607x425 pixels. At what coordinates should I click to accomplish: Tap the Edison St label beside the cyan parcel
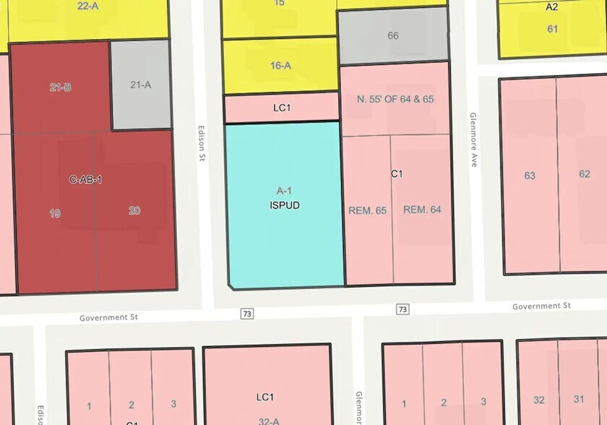(x=202, y=145)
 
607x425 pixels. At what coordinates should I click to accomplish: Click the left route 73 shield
(x=248, y=313)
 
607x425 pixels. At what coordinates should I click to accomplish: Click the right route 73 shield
(x=402, y=309)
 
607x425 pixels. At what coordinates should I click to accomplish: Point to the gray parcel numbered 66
(x=393, y=35)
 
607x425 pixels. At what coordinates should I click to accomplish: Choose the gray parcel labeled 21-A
(x=140, y=85)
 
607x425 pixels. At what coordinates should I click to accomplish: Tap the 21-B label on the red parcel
(x=61, y=87)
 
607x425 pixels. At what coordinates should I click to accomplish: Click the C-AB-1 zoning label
(x=85, y=179)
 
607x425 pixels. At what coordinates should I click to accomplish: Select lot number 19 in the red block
(x=55, y=212)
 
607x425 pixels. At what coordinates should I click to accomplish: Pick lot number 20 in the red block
(x=134, y=211)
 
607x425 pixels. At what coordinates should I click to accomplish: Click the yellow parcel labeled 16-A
(x=280, y=66)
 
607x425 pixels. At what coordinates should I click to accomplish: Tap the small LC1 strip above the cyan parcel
(x=282, y=108)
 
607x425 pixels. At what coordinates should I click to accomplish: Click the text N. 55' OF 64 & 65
(x=395, y=99)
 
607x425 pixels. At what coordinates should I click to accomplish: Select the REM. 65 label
(x=367, y=210)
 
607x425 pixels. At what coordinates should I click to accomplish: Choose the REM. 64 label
(x=422, y=210)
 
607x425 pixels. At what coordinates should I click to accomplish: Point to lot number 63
(x=530, y=175)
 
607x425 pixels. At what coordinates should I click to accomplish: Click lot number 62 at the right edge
(x=585, y=173)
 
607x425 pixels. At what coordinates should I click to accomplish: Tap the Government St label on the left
(x=108, y=317)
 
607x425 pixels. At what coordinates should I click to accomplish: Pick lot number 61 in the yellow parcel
(x=553, y=29)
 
